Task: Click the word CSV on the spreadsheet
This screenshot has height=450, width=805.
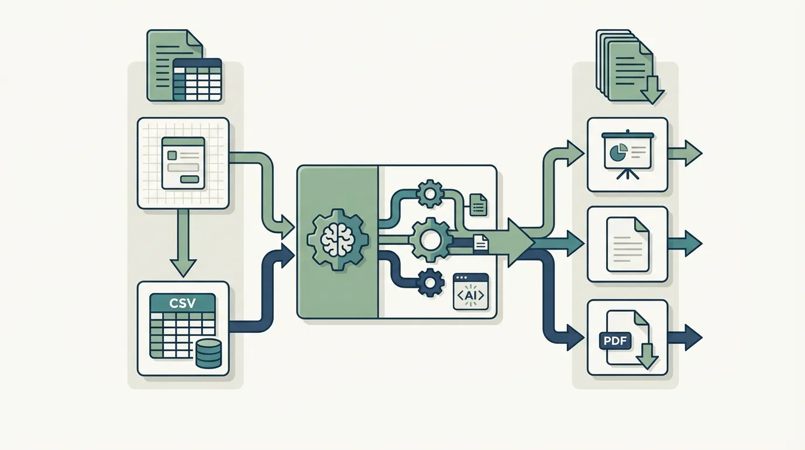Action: point(183,303)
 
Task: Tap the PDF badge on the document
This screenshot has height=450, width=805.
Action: point(615,340)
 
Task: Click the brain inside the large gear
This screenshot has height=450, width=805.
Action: point(338,240)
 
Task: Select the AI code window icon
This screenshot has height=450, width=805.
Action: point(471,292)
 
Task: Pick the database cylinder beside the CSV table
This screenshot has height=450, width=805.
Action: point(209,353)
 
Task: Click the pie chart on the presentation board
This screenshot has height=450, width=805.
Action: point(618,152)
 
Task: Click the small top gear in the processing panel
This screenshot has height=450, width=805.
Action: point(430,194)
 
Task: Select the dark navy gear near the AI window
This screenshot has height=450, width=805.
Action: point(430,282)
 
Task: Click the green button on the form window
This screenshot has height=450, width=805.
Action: point(190,179)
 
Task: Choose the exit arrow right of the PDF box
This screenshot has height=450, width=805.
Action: point(684,337)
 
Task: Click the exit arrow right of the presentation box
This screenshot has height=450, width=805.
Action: point(684,154)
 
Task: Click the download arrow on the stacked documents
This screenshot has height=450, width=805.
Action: point(652,90)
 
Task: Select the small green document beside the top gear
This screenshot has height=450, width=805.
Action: point(479,205)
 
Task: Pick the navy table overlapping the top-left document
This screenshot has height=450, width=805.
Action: point(197,80)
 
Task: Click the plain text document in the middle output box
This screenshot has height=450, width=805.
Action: point(628,244)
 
